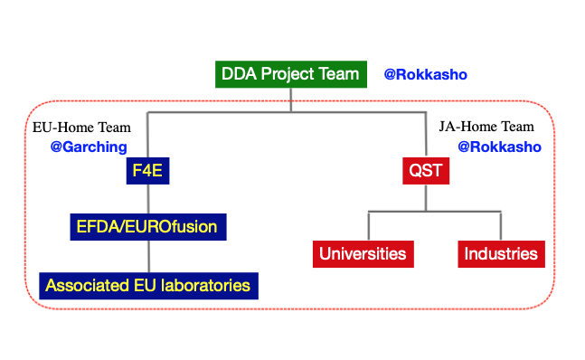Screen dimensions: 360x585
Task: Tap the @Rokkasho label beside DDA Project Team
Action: (x=425, y=74)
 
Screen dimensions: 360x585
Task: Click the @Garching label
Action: (x=89, y=147)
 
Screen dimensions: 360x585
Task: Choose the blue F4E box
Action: (x=146, y=169)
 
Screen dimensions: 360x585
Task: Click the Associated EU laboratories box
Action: (x=149, y=286)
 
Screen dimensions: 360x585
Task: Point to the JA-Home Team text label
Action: (x=486, y=127)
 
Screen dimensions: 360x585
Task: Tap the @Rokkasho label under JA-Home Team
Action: (x=499, y=147)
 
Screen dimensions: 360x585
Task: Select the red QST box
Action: (x=426, y=169)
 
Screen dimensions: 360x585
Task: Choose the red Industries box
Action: (x=501, y=254)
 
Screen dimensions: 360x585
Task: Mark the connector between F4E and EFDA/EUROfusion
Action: (x=146, y=197)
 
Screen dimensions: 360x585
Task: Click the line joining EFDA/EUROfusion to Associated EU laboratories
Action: (x=146, y=256)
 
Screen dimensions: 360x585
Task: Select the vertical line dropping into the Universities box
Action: (x=367, y=226)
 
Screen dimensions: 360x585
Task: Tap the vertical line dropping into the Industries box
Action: (x=500, y=226)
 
